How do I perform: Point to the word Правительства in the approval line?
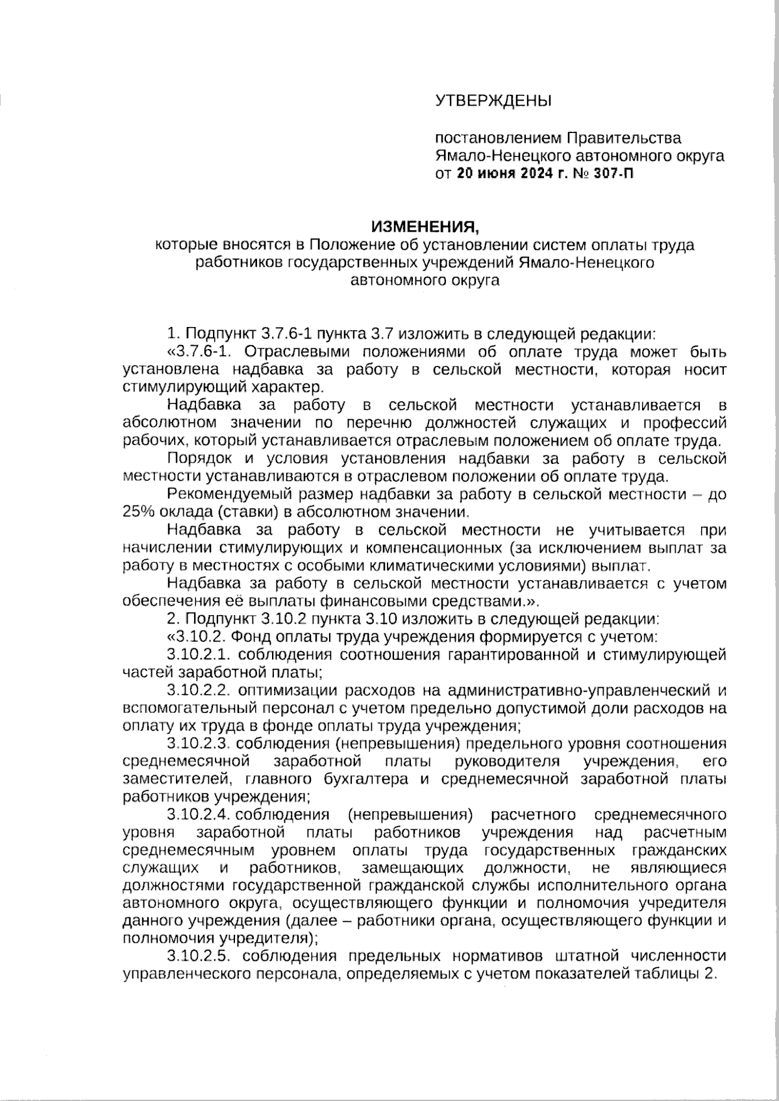click(624, 138)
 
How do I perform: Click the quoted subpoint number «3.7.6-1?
click(195, 352)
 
